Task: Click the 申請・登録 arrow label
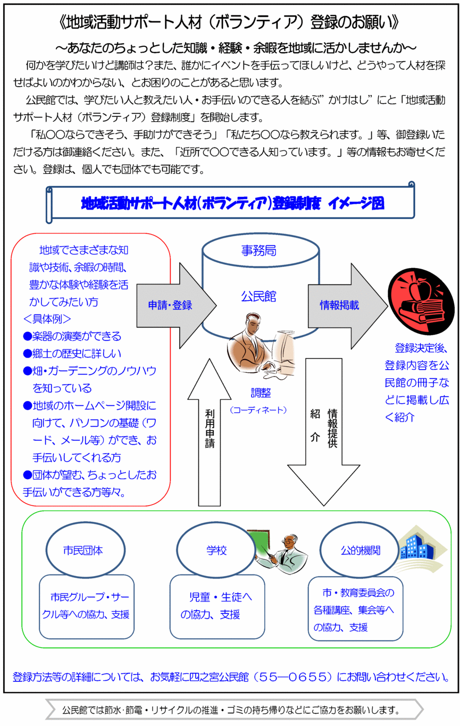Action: tap(170, 305)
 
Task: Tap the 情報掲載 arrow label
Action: tap(339, 305)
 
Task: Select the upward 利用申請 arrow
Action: tap(210, 431)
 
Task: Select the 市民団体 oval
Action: tap(82, 550)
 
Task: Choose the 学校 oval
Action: tap(216, 550)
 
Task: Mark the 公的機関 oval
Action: tap(361, 550)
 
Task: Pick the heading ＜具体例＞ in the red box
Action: tap(48, 319)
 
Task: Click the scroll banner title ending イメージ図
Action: tap(232, 203)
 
